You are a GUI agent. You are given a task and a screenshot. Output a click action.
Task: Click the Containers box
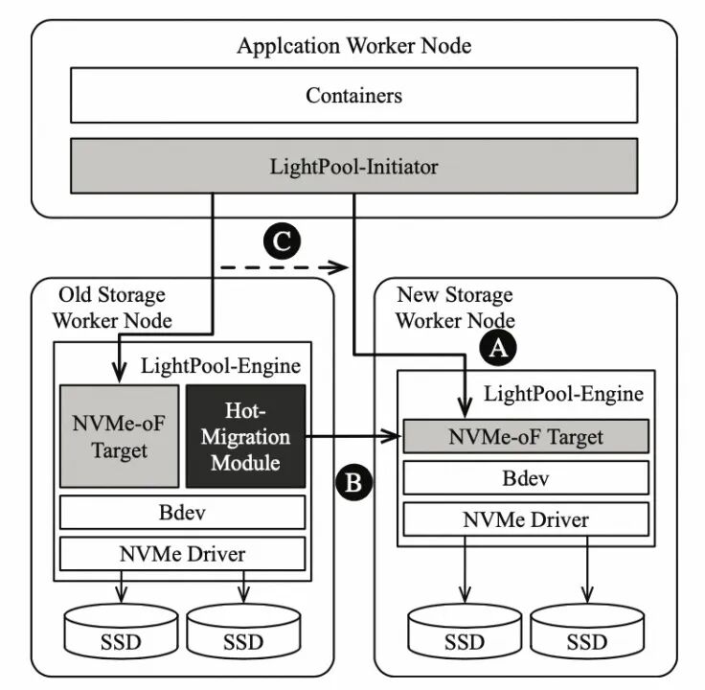353,95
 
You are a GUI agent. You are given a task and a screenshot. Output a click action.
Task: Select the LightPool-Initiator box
353,167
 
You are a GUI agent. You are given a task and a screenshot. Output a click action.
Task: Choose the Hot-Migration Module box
244,436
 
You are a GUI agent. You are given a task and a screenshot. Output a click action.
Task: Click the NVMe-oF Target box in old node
119,436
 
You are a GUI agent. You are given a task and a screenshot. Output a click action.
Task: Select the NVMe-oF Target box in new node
526,437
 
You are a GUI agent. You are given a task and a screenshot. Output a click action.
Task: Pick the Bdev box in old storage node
182,512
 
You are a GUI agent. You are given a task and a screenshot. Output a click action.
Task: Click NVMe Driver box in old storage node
182,553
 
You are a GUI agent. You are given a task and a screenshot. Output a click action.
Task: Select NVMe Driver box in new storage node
526,518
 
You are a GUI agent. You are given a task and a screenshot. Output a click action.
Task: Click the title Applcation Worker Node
353,45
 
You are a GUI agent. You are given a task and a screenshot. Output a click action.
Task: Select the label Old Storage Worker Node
111,307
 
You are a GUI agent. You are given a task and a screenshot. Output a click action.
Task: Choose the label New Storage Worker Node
455,307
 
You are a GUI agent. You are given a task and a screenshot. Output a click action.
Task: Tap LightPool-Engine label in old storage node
220,365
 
